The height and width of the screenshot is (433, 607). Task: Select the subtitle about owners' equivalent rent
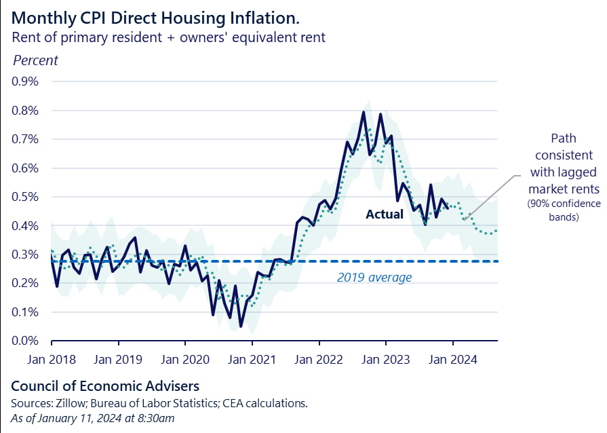[169, 37]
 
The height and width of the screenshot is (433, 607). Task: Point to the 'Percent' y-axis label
[36, 60]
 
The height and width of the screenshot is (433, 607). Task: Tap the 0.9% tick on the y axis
[26, 81]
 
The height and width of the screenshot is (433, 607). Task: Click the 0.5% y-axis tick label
[26, 197]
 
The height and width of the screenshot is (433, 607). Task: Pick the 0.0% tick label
[26, 341]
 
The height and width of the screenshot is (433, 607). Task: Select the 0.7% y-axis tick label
[26, 139]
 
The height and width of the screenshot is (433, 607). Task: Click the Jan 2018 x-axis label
[52, 359]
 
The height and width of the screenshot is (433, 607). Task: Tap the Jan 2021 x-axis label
[252, 359]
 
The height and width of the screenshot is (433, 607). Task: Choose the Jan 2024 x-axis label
[452, 359]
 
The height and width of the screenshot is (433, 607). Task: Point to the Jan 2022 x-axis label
[319, 359]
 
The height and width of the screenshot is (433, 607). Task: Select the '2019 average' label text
[374, 278]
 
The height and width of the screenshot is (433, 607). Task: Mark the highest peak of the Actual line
[364, 112]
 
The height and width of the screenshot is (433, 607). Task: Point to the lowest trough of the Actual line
[241, 326]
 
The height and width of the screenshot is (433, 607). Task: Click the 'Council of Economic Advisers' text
[105, 386]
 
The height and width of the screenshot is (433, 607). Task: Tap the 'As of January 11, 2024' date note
[93, 418]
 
